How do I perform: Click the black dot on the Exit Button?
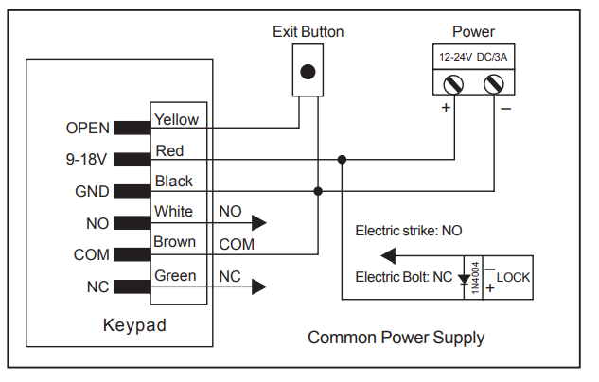[x=308, y=72]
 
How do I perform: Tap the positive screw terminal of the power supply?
[x=453, y=84]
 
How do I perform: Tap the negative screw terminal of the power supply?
[x=494, y=84]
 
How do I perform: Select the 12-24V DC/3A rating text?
[x=473, y=57]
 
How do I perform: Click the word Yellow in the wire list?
[x=176, y=119]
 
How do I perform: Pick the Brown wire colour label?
[x=174, y=241]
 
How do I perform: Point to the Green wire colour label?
[x=175, y=275]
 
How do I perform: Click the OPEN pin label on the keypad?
[x=88, y=128]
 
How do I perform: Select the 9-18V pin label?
[x=86, y=159]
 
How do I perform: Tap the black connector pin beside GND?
[x=132, y=191]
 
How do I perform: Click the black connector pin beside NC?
[x=132, y=286]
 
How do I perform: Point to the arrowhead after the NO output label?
[x=259, y=223]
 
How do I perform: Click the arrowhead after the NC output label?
[x=259, y=287]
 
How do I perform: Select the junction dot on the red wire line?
[x=342, y=159]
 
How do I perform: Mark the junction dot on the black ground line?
[x=318, y=191]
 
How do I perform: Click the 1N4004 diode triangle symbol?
[x=464, y=279]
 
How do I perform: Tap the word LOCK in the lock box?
[x=513, y=277]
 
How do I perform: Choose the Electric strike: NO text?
[x=409, y=231]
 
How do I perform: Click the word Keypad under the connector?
[x=134, y=325]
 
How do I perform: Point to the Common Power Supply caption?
[x=396, y=338]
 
